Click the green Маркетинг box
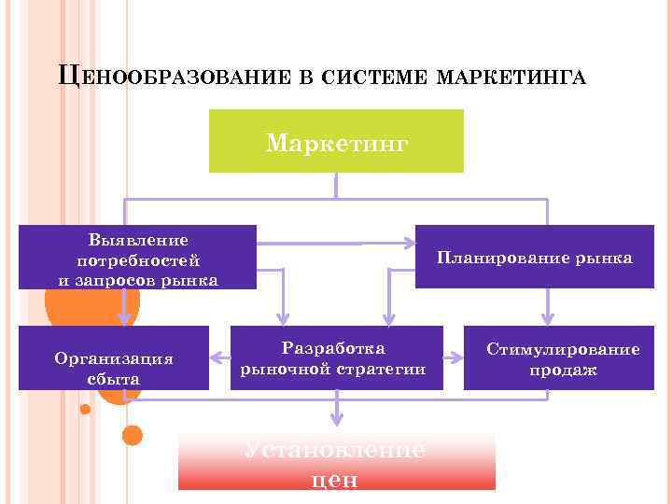(336, 142)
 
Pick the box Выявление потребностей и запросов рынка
(137, 257)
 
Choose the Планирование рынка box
(534, 257)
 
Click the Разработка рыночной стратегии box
(333, 358)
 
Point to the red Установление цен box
(336, 462)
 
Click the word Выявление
(138, 240)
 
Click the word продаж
(564, 371)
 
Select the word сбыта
(113, 379)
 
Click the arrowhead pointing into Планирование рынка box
(410, 245)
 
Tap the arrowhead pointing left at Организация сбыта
(216, 357)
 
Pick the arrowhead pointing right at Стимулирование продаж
(458, 357)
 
